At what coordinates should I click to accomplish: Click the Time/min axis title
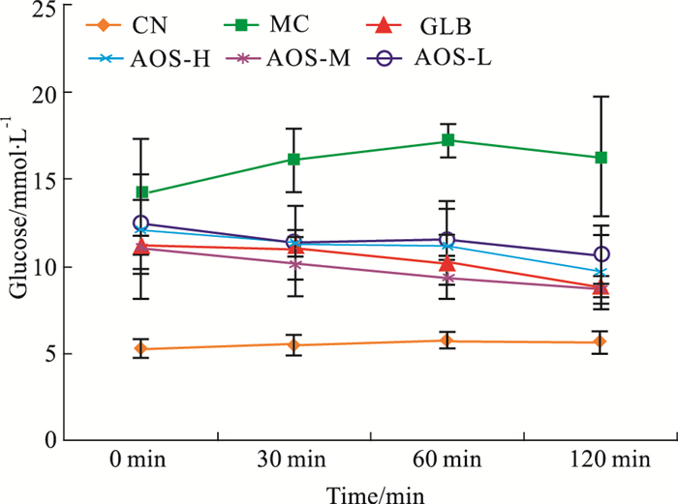pyautogui.click(x=373, y=490)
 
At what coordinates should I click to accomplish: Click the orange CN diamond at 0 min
pyautogui.click(x=142, y=348)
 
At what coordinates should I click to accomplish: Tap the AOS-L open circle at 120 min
pyautogui.click(x=601, y=254)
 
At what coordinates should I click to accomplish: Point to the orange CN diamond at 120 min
pyautogui.click(x=601, y=341)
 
